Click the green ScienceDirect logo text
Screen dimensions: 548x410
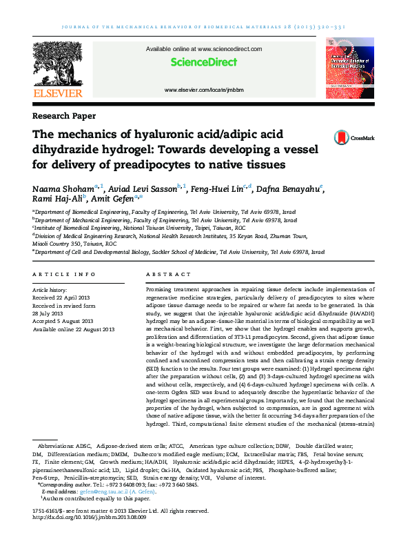203,63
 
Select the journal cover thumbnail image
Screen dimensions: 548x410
349,69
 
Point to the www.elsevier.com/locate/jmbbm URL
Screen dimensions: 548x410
203,90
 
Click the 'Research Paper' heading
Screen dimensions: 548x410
64,116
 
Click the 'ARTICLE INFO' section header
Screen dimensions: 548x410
65,274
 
